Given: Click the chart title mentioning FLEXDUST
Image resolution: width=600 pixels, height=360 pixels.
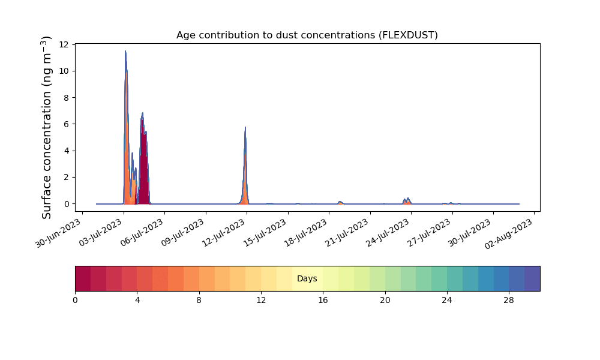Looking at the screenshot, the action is tap(307, 35).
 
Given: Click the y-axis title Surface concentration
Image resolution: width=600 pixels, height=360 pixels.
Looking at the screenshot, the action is tap(46, 128).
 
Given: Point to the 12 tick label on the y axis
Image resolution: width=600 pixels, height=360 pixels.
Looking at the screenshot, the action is tap(64, 44).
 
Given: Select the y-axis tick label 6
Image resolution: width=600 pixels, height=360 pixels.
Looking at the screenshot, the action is tap(67, 124).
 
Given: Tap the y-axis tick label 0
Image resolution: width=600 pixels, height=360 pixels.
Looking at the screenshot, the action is tap(67, 204).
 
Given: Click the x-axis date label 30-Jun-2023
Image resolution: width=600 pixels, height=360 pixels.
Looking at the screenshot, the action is tap(59, 233).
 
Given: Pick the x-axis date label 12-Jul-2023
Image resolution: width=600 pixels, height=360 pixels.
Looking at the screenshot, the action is tap(223, 233).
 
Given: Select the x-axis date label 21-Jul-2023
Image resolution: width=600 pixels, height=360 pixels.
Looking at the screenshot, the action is tap(347, 233).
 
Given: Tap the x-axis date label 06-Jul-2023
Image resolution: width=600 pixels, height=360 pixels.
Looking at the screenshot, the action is tap(141, 233).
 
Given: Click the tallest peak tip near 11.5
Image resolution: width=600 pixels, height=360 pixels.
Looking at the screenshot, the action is tap(125, 51).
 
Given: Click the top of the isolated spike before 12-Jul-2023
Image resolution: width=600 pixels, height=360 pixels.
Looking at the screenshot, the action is tap(245, 127).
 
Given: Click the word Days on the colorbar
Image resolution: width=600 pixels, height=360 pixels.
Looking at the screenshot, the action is tap(307, 278).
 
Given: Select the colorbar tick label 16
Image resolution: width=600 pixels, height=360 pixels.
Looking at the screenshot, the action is tap(323, 301).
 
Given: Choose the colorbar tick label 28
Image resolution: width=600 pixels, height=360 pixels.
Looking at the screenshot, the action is tap(509, 301).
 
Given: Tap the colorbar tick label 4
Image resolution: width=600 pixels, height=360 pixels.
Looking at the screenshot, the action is tap(137, 301).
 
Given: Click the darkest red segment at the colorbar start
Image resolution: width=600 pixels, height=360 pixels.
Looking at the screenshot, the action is tap(83, 278).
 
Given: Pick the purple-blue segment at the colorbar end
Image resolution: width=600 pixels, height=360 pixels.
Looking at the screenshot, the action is tap(532, 278).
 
